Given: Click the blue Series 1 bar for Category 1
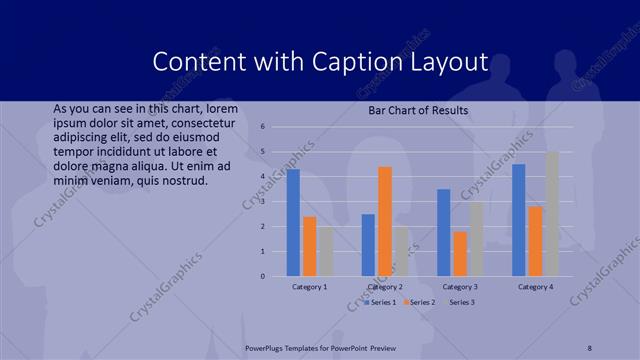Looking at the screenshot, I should coord(293,222).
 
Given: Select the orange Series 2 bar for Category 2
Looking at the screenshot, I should coord(385,221).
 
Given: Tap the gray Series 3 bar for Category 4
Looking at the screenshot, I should coord(552,214).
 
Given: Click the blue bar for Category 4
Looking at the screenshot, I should coord(518,220).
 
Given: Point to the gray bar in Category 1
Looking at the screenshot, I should coord(327,251).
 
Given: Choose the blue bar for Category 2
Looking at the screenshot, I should coord(368,245).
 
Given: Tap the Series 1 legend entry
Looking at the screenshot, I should coord(381,301).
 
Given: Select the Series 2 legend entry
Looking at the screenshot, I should coord(421,301).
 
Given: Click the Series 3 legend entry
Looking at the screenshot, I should coord(461,301).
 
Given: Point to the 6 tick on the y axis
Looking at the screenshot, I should coord(262,127).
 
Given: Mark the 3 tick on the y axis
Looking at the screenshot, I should coord(262,202).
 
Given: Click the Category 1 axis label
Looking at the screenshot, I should coord(310,287).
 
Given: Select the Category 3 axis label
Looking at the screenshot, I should coord(460,287).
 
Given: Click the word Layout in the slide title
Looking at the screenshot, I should coord(449,62).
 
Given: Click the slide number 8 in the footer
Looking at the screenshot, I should coord(590,347).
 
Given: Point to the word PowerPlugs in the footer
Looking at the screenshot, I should coord(269,347).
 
